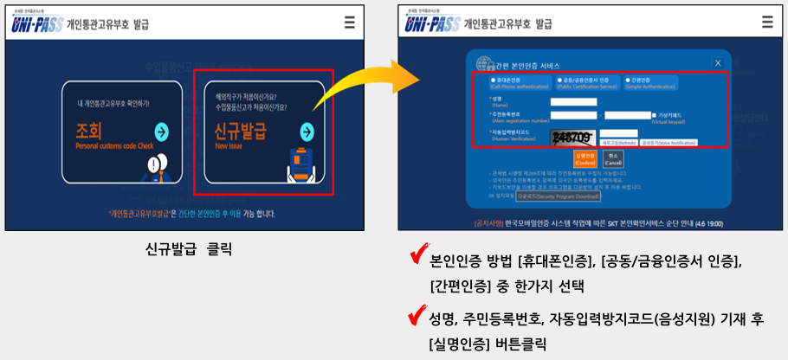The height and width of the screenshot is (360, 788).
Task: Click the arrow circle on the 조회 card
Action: [160, 132]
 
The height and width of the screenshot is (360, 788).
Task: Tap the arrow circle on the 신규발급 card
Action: [306, 132]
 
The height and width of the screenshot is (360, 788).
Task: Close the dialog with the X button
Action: [717, 62]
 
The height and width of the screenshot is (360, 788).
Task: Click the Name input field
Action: [573, 101]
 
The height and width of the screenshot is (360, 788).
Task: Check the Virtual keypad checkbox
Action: [655, 114]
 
